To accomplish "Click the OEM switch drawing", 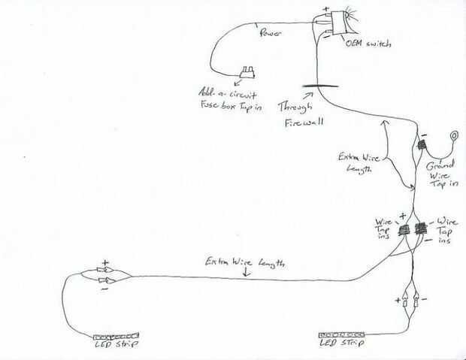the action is [334, 23].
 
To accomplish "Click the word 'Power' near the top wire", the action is [271, 34].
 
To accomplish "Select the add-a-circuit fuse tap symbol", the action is [247, 72].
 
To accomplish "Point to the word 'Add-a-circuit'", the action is [225, 95].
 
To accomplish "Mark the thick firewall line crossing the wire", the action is [310, 86].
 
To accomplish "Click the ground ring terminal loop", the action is [454, 136].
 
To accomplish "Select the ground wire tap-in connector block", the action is [422, 145].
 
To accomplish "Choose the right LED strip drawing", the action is [342, 331].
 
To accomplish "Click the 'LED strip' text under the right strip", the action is [342, 343].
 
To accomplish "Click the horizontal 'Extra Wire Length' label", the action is [244, 262].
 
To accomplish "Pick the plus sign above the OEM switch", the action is [325, 10].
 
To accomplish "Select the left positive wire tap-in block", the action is [404, 228].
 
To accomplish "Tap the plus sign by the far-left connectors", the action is [105, 265].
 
